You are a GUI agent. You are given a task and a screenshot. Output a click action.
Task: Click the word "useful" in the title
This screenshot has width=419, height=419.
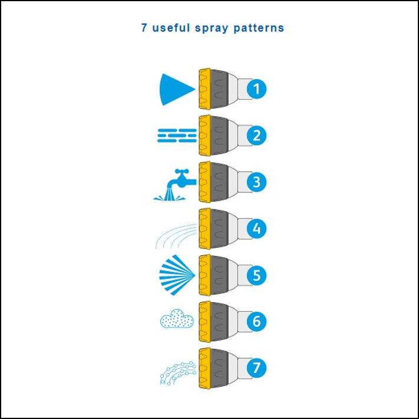click(x=171, y=28)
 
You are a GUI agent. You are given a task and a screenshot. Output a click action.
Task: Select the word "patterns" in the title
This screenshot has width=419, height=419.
click(x=260, y=28)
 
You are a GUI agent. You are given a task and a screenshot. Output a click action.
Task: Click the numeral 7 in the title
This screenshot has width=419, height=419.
click(x=144, y=28)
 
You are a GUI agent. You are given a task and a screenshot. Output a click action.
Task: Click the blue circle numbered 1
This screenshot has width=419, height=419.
click(x=256, y=89)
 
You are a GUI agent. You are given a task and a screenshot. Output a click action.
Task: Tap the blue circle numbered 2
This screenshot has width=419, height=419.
click(x=256, y=135)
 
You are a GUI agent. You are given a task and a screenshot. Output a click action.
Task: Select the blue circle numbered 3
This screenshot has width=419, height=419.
click(x=256, y=182)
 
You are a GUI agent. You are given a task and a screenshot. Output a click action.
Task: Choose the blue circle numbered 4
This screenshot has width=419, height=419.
click(x=256, y=228)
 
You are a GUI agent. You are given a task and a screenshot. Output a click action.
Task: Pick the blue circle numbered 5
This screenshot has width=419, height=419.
click(x=256, y=275)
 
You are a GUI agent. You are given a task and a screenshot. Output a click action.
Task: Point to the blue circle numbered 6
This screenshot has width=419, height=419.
click(x=256, y=322)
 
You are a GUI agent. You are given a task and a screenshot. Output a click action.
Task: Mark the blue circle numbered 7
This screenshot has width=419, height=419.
click(x=256, y=368)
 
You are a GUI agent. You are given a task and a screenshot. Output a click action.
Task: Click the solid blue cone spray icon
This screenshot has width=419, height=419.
click(x=175, y=89)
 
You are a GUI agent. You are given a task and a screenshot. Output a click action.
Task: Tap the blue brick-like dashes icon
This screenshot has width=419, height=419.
click(x=176, y=136)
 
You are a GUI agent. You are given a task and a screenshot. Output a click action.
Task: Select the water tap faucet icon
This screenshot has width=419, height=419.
click(x=175, y=184)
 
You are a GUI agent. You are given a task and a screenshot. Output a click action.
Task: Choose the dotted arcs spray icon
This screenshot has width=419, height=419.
click(x=176, y=235)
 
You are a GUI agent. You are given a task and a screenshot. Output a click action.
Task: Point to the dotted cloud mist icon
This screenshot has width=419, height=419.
click(x=177, y=319)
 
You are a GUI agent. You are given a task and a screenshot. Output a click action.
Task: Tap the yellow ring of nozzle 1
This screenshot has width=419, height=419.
click(x=204, y=89)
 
